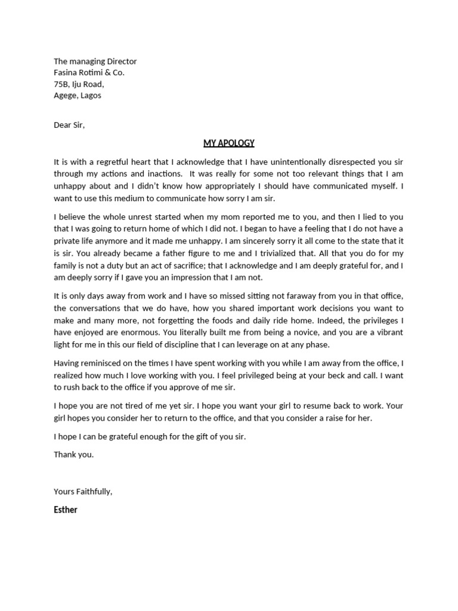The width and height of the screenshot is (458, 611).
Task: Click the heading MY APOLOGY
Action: [x=229, y=143]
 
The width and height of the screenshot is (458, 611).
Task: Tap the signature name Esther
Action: [x=66, y=510]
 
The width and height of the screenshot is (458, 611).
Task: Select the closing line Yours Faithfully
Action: [x=83, y=491]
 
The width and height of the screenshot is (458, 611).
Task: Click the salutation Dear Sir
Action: [x=69, y=125]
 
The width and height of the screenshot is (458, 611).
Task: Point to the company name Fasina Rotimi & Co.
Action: [x=89, y=72]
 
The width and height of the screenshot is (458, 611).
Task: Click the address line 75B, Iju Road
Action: [x=79, y=84]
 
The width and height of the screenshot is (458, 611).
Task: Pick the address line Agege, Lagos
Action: [x=78, y=95]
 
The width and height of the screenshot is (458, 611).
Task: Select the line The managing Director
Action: [x=95, y=61]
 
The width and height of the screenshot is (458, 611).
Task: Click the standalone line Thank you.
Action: [x=74, y=454]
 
